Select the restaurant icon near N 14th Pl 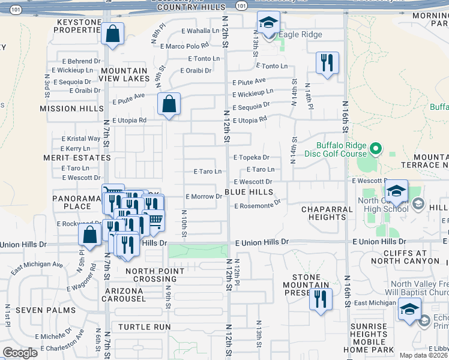(327, 63)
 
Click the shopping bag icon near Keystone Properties (112, 35)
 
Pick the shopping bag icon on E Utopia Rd (169, 104)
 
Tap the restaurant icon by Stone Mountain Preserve (321, 298)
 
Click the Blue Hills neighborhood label (249, 192)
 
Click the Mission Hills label (71, 109)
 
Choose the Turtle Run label (145, 327)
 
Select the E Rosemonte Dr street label (258, 205)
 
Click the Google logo (20, 353)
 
